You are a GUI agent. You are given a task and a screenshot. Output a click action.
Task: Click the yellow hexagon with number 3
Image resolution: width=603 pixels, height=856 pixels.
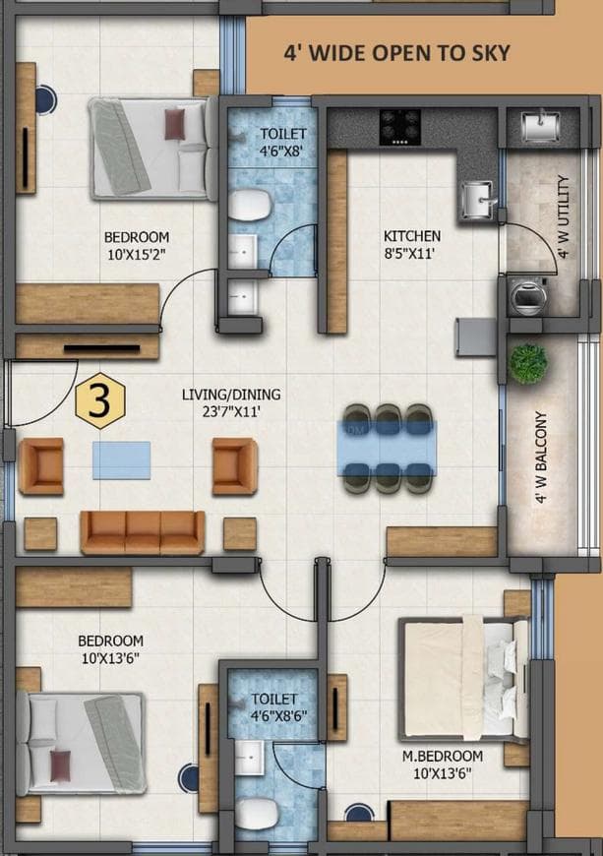(x=100, y=400)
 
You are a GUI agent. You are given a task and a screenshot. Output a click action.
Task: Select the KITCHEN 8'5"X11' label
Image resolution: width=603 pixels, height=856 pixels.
(x=412, y=244)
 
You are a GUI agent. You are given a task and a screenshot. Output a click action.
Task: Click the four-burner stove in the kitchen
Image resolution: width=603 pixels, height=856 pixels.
(x=400, y=126)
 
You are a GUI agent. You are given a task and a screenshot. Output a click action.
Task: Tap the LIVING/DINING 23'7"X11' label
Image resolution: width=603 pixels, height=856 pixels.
(x=231, y=402)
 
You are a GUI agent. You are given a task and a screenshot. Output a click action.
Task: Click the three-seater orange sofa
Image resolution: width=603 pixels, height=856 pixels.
(x=143, y=531)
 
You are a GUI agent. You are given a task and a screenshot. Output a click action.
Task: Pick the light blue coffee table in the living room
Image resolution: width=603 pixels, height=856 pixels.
(x=122, y=459)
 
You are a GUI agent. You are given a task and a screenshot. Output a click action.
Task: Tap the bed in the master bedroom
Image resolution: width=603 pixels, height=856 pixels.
(x=462, y=680)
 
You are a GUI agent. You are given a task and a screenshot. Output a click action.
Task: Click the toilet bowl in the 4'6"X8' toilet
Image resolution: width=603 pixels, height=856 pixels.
(x=250, y=206)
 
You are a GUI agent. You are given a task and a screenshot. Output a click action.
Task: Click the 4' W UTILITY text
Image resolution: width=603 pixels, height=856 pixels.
(x=563, y=216)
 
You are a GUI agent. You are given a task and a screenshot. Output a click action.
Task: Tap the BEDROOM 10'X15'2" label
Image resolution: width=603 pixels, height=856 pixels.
(x=137, y=245)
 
